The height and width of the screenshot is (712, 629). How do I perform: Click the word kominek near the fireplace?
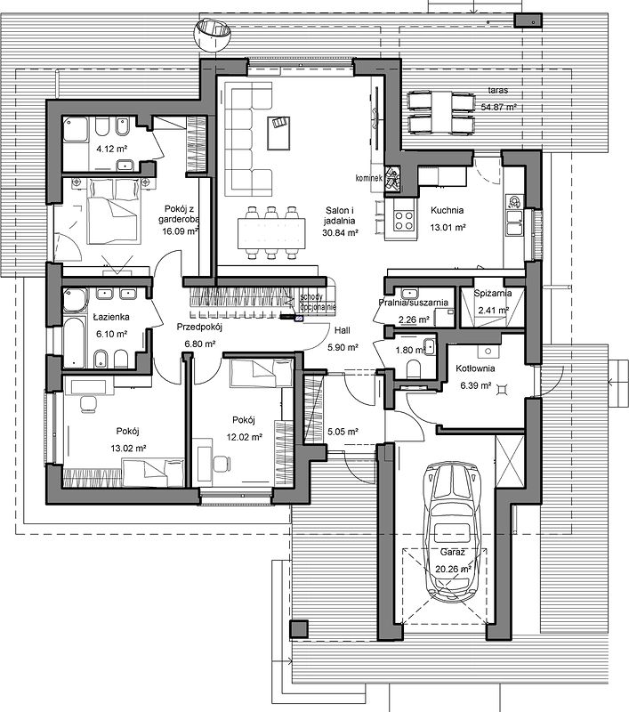click(368, 177)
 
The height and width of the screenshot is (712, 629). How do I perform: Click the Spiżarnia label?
click(491, 293)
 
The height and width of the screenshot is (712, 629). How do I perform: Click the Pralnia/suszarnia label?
click(413, 303)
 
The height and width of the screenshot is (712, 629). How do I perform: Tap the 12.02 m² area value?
click(245, 437)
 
